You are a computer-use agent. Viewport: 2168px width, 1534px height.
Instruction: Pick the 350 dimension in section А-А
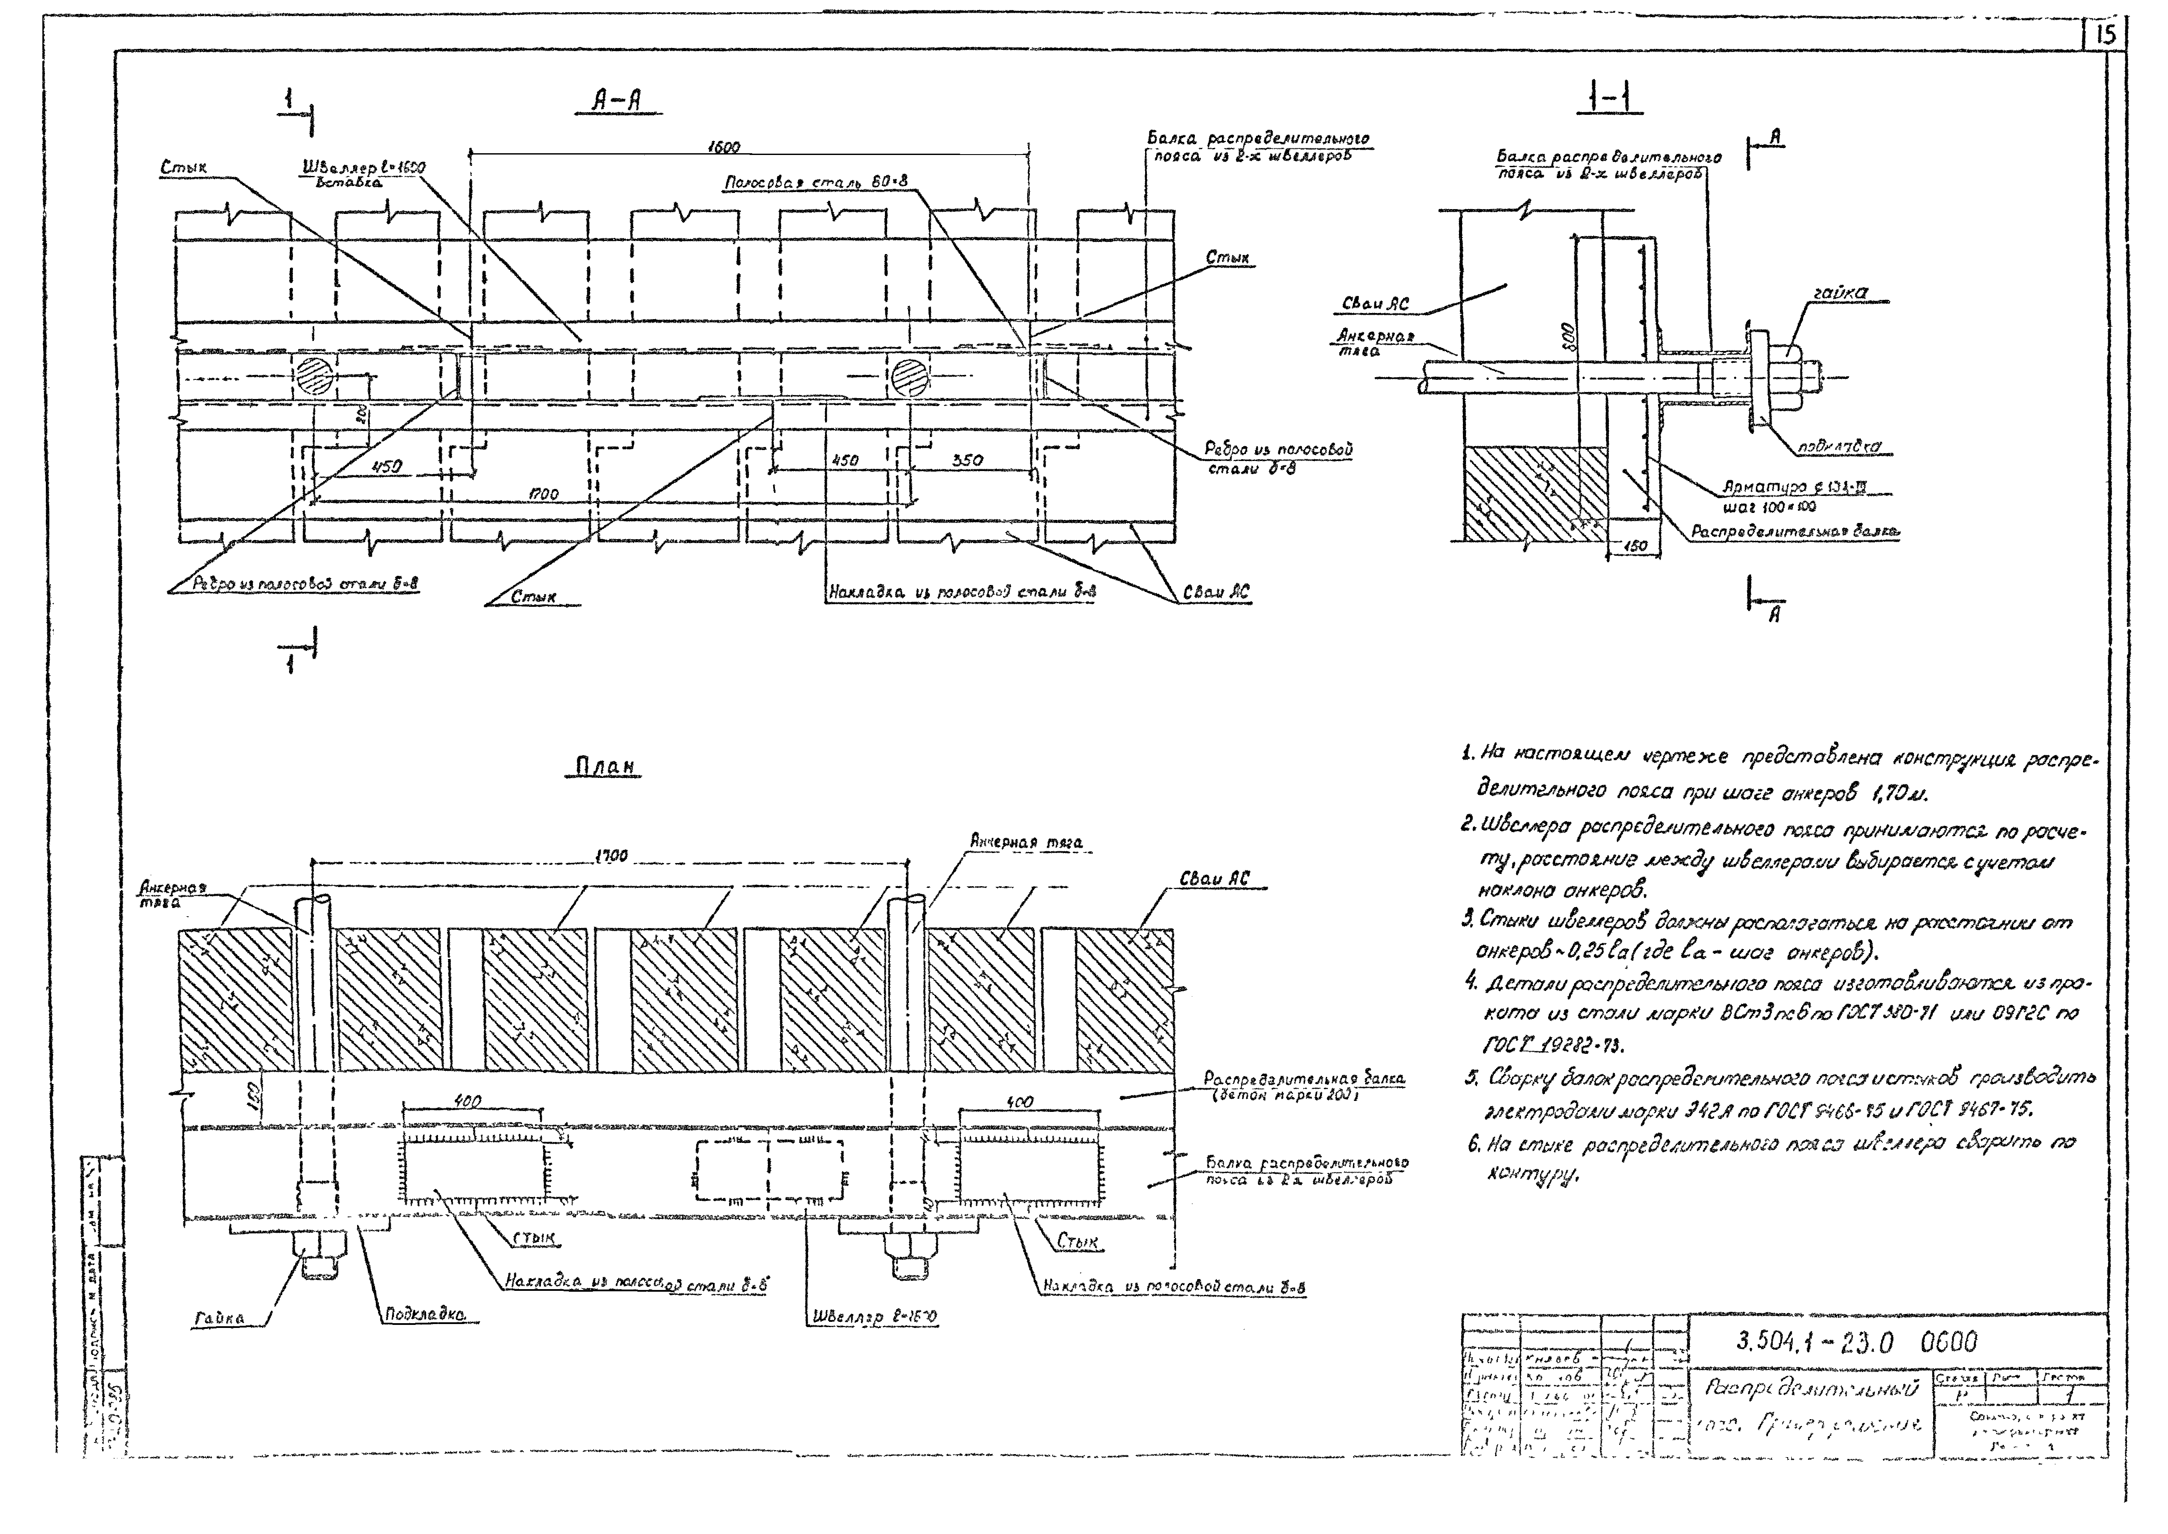click(x=967, y=460)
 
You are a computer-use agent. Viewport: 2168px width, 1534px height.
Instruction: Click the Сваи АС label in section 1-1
click(x=1376, y=303)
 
